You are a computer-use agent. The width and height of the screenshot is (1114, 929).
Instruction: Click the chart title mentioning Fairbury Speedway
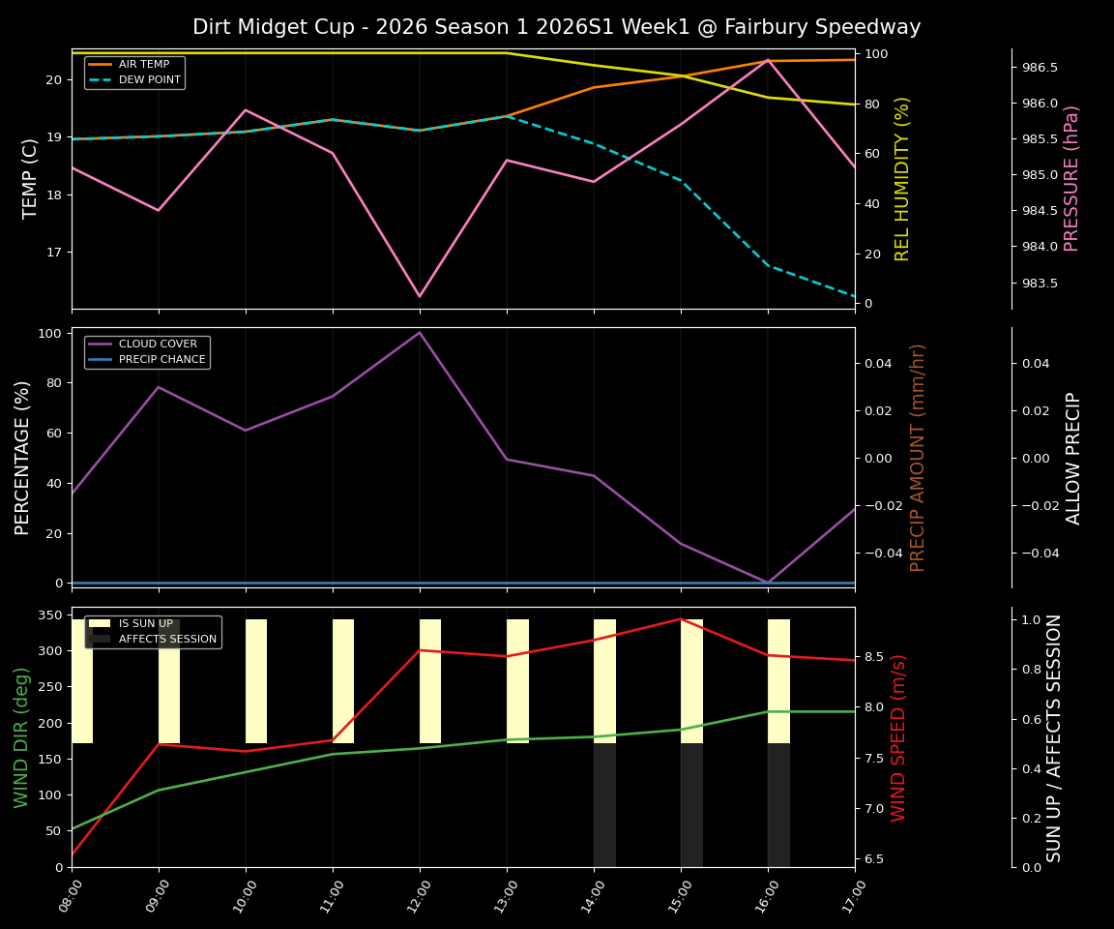click(556, 27)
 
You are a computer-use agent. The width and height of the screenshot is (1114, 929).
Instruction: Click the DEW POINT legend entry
click(149, 80)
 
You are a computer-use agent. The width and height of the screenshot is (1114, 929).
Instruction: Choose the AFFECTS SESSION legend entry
click(167, 639)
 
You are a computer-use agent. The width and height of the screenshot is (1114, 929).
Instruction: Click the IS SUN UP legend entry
click(145, 624)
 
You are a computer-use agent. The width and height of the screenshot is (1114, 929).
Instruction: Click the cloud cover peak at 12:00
click(420, 333)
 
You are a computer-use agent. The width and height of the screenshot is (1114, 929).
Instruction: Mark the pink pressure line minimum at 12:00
click(420, 296)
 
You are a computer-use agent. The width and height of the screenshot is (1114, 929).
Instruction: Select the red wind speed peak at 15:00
click(681, 619)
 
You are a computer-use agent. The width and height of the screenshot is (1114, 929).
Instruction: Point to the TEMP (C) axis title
click(31, 178)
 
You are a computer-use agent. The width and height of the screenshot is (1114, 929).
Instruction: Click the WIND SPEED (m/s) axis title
click(899, 737)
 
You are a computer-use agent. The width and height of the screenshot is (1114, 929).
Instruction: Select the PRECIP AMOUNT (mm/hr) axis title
click(918, 458)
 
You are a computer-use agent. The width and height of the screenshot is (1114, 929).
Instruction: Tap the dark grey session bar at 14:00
click(604, 804)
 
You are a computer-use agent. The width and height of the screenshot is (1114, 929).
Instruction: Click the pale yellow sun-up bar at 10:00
click(256, 681)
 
